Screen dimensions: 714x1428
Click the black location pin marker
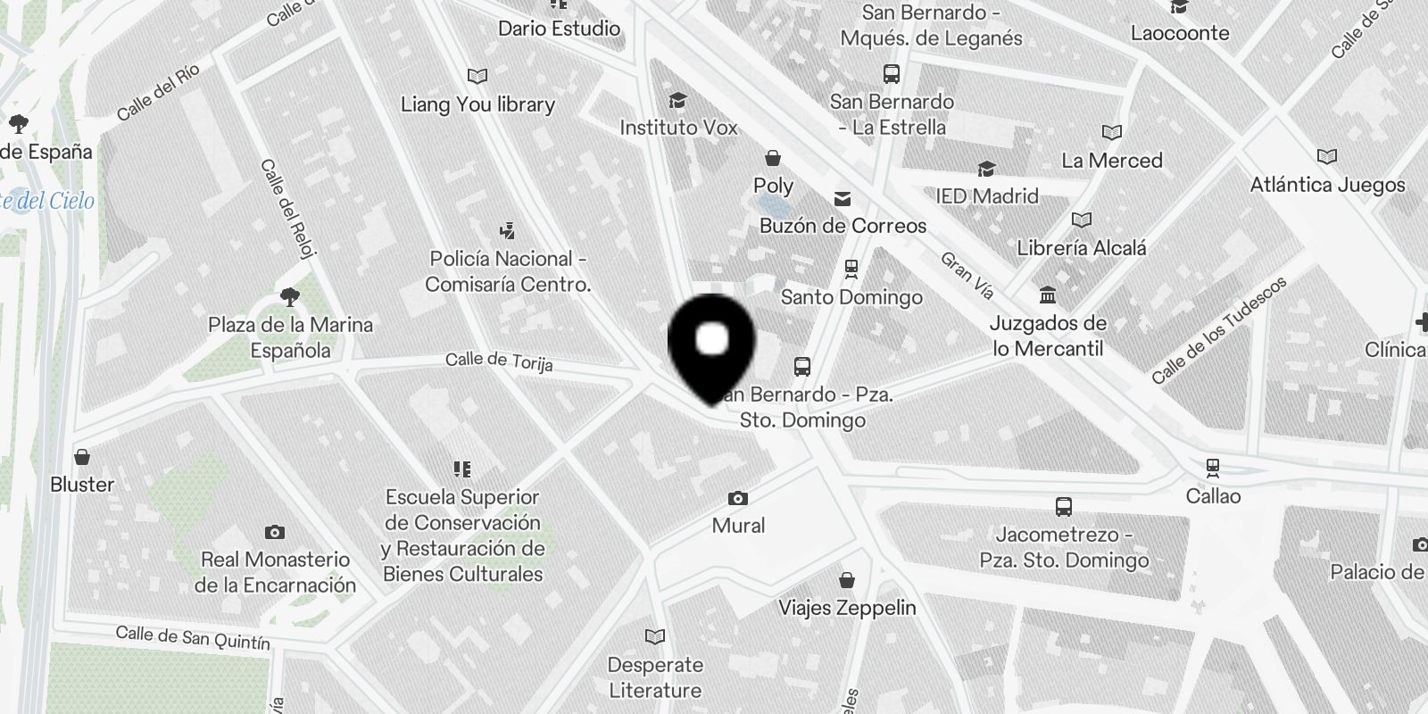point(711,344)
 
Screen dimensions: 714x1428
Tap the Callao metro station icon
point(1213,466)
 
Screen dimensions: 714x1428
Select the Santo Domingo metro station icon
point(851,267)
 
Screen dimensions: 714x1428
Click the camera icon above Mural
point(738,498)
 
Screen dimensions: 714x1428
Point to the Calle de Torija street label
point(499,361)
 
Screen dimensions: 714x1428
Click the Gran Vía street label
point(967,275)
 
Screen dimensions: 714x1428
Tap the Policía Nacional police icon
point(508,231)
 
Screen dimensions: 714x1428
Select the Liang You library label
point(477,104)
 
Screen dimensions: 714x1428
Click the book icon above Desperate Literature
point(655,636)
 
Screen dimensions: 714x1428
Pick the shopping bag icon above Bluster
point(82,457)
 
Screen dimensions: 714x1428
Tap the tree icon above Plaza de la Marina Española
point(289,297)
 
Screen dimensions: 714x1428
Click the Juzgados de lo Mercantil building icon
point(1048,295)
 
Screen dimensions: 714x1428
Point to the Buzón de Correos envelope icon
point(843,198)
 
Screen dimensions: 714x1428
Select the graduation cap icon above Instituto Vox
point(678,100)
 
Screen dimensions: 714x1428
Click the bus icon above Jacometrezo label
point(1063,507)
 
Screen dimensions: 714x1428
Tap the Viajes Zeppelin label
point(847,608)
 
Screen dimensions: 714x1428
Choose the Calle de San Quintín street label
point(193,637)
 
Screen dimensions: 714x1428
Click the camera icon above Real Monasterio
point(275,532)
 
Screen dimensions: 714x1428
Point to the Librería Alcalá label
point(1081,248)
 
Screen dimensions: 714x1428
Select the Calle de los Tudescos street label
point(1218,330)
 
